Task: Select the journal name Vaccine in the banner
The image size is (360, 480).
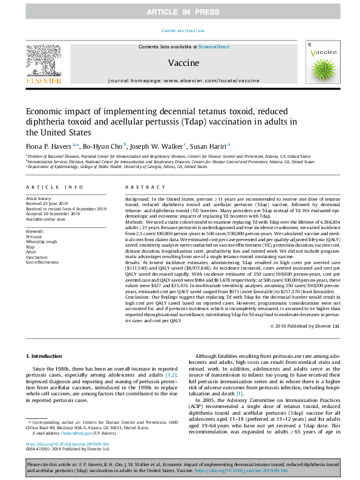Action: [180, 62]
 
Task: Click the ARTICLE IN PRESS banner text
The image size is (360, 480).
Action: [180, 11]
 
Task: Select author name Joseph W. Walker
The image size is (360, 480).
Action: [159, 145]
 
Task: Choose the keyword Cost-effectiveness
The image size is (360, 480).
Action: [42, 262]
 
